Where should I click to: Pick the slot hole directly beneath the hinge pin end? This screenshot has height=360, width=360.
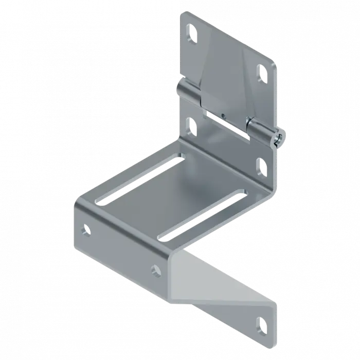point(261,165)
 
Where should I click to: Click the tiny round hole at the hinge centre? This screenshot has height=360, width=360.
point(223,114)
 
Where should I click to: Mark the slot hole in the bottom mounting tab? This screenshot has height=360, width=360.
point(263,324)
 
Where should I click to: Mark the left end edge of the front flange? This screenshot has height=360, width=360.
point(77,221)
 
